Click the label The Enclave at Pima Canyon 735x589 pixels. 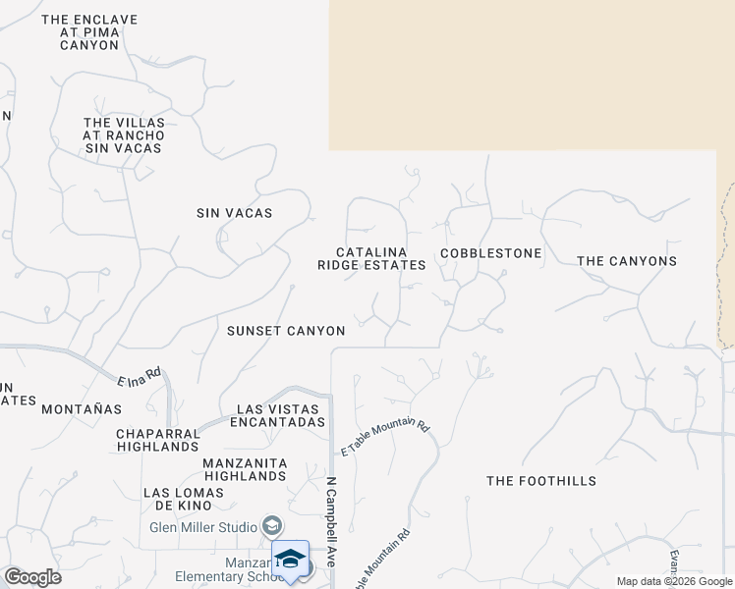pos(89,32)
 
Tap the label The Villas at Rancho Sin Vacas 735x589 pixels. pos(124,135)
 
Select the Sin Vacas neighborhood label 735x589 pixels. pos(235,213)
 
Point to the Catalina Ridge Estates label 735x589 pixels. pos(371,259)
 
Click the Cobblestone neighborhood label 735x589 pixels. pos(491,253)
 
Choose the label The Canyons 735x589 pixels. pos(627,261)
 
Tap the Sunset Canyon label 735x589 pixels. pos(286,331)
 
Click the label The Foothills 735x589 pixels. pos(541,481)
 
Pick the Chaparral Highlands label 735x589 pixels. pos(157,440)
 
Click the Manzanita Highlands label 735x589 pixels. pos(245,469)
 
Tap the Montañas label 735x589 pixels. pos(81,408)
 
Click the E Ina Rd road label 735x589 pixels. pos(139,377)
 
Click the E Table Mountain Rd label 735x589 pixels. pos(386,438)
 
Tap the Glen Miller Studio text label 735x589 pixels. pos(204,526)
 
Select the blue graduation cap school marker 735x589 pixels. pos(290,559)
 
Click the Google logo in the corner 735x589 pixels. pos(32,577)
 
